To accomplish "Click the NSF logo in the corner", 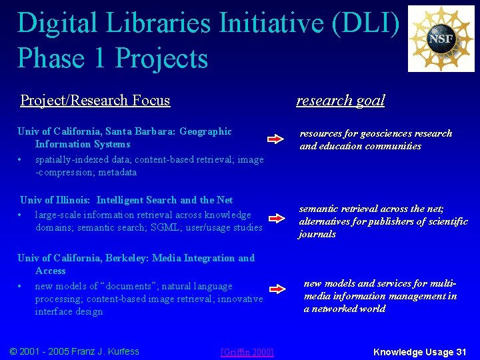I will tap(441, 39).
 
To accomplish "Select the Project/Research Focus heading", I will tap(95, 101).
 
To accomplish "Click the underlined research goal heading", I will tap(340, 100).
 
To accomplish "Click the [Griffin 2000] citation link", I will tap(247, 352).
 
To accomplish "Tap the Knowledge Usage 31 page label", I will tap(419, 351).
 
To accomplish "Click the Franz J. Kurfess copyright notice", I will tap(75, 351).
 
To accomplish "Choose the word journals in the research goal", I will tap(317, 234).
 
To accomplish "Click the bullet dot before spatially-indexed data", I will tap(21, 160).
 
